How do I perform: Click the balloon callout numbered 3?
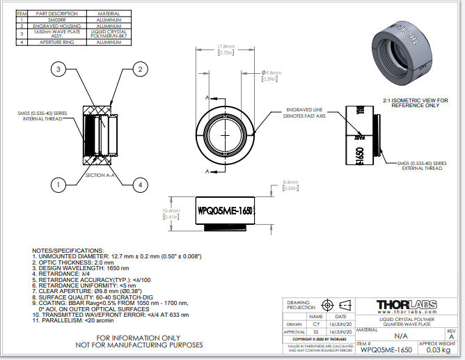coord(61,69)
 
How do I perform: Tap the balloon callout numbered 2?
coord(140,69)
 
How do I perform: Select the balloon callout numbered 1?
coord(61,185)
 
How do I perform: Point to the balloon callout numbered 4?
coord(140,185)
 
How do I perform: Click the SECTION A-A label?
coord(100,175)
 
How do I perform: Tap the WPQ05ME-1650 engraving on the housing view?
coord(225,210)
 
